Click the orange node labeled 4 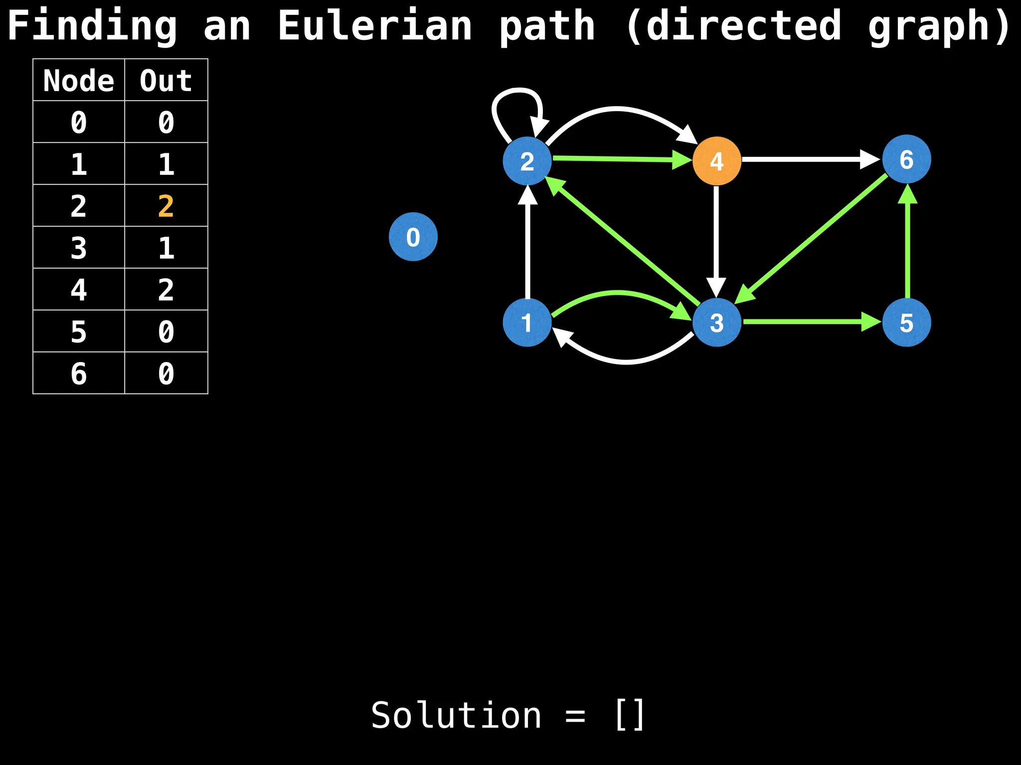pos(716,161)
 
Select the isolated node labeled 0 pos(413,237)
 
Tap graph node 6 pos(906,159)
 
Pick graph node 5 pos(906,322)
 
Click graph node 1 pos(527,322)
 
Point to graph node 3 pos(716,322)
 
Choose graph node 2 pos(527,161)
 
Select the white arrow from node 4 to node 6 pos(808,159)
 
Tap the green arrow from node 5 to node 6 pos(907,244)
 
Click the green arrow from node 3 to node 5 pos(808,322)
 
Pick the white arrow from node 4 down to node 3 pos(716,239)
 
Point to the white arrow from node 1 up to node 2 pos(527,244)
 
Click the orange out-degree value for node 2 pos(166,206)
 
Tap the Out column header pos(166,80)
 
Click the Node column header pos(79,80)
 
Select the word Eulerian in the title pos(374,26)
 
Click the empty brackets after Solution pos(630,715)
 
